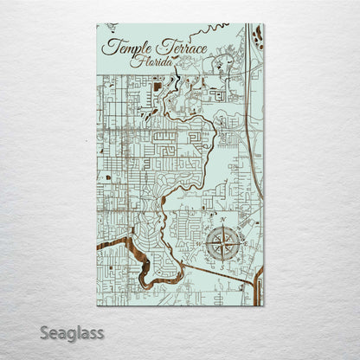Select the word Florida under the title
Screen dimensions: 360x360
tap(150, 61)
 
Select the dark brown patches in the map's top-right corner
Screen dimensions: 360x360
tap(257, 36)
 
